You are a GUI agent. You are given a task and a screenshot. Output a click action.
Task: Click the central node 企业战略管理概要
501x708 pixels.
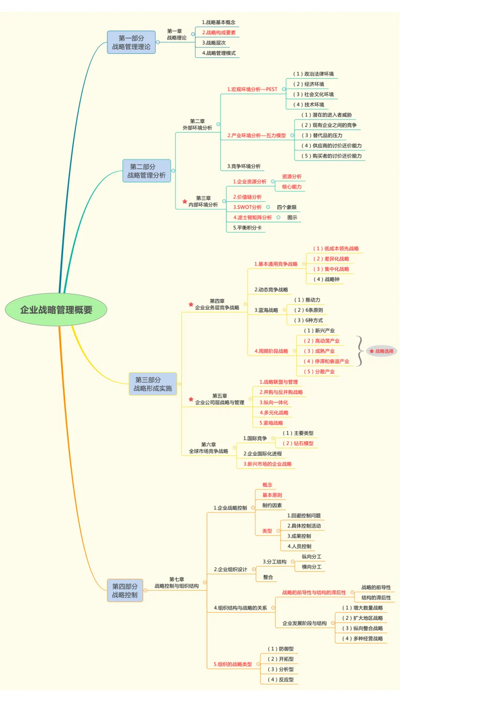coord(56,309)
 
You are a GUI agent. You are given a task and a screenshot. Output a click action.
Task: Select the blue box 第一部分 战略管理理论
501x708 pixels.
coord(131,42)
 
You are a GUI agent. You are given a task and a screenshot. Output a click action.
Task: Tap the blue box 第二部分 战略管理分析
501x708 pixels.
coord(147,171)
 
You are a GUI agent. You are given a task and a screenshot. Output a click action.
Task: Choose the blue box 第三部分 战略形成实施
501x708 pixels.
coord(153,384)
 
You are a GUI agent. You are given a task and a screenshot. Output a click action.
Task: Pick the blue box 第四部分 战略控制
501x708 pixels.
coord(125,590)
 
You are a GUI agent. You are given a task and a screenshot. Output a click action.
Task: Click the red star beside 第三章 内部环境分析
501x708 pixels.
coord(185,201)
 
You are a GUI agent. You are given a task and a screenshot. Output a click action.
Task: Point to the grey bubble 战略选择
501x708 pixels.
coord(382,351)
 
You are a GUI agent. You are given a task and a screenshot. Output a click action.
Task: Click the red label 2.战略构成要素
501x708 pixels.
coord(219,32)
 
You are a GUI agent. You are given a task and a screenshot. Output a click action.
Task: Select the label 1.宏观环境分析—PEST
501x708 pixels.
coord(252,89)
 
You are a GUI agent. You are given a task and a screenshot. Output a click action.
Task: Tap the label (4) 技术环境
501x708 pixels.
coord(308,105)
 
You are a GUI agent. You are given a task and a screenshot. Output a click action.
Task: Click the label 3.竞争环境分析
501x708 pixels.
coord(244,166)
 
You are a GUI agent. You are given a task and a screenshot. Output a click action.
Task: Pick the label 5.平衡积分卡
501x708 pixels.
coord(247,228)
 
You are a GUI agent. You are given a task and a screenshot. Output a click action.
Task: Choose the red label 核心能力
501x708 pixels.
coord(292,186)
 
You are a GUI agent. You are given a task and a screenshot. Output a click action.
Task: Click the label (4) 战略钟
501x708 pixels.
coord(327,279)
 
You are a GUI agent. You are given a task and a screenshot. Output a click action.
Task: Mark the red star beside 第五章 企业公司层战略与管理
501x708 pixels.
coord(191,399)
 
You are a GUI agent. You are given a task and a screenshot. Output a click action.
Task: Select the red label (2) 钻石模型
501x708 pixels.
coord(298,443)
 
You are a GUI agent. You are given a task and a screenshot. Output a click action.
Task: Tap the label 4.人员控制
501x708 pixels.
coord(299,546)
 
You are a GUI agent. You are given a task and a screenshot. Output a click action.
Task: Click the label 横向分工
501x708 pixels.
coord(312,567)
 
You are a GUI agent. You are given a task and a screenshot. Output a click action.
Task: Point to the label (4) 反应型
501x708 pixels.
coord(281,679)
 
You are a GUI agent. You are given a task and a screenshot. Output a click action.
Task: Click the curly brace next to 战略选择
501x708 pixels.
coord(360,351)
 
